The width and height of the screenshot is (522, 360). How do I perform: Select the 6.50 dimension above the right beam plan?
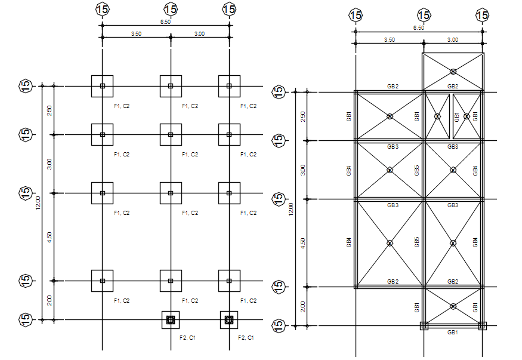coord(418,27)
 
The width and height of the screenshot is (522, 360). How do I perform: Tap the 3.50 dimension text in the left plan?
coord(136,33)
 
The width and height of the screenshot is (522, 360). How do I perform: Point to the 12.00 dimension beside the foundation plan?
coord(38,203)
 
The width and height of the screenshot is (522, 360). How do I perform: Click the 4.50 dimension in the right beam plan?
coord(303,243)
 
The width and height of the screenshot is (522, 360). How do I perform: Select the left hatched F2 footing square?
coord(171,320)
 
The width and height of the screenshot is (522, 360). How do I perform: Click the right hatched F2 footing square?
coord(229,320)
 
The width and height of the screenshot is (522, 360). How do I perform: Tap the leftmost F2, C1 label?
coord(187,338)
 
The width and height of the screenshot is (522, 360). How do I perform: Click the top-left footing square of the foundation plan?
coord(102,86)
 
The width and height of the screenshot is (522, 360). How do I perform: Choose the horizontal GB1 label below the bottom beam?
coord(453,332)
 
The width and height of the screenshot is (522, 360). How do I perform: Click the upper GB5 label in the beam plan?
coord(417,170)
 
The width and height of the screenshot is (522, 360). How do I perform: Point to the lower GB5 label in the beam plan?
coord(417,242)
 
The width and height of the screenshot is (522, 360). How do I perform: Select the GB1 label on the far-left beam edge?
coord(348,116)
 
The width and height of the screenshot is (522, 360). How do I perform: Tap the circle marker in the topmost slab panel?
coord(453,72)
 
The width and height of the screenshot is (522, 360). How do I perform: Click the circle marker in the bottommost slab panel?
coord(453,306)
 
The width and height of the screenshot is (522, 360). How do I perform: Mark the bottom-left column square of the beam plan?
coord(424,326)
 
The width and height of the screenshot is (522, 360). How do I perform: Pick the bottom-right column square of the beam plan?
coord(482,326)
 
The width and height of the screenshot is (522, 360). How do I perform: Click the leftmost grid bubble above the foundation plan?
coord(102,9)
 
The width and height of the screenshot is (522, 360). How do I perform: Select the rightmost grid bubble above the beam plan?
coord(482,15)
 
